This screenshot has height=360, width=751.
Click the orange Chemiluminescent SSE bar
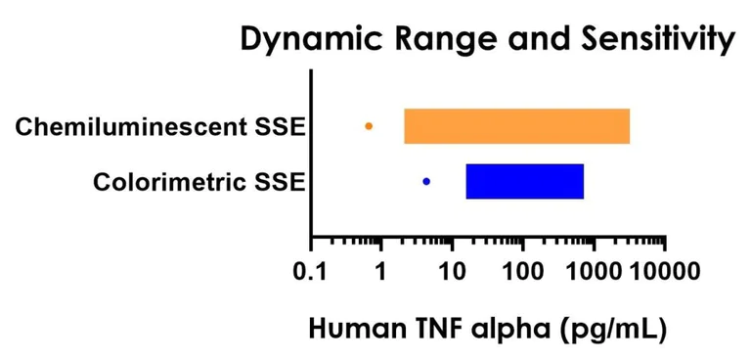tap(516, 126)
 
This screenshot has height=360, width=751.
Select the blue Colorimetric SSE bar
tap(524, 181)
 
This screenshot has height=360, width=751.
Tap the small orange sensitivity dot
tap(369, 126)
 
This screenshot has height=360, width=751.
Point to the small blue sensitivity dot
tap(426, 181)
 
